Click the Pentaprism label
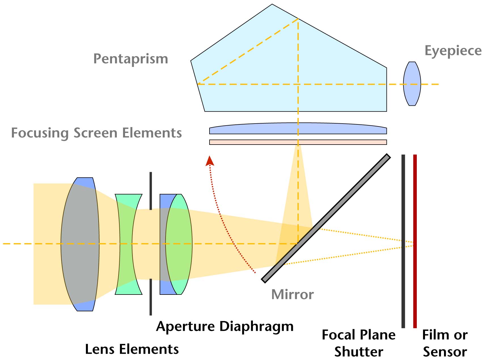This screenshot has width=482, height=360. [x=131, y=59]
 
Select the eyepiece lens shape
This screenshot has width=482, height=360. [x=412, y=84]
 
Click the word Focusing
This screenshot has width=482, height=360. [x=40, y=133]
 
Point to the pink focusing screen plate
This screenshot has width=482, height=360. [x=298, y=142]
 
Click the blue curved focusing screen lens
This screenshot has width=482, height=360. [x=298, y=128]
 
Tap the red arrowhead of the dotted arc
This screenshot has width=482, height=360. [x=210, y=160]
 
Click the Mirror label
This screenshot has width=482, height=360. [x=292, y=294]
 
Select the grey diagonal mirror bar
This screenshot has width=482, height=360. [x=326, y=218]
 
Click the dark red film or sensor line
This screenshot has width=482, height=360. [x=415, y=241]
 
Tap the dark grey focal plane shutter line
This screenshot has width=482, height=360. [x=403, y=241]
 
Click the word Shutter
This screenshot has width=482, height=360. [x=359, y=352]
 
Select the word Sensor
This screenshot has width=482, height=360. [x=445, y=352]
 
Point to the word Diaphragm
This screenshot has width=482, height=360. [x=257, y=327]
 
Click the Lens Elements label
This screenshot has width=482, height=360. [x=132, y=349]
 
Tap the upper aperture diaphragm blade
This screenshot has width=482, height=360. [x=151, y=191]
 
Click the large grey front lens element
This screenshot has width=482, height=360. [x=80, y=244]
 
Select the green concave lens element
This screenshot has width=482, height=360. [x=128, y=244]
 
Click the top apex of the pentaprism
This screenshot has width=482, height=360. [x=272, y=4]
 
